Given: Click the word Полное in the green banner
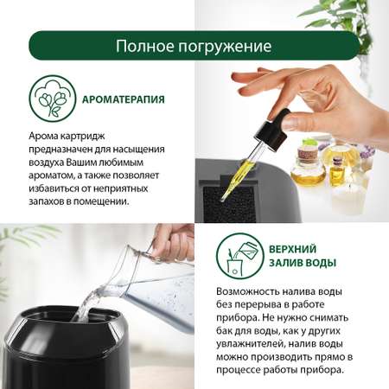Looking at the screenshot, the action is tap(145, 46).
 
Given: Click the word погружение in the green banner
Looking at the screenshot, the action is tap(225, 48).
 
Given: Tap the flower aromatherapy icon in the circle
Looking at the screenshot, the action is tap(53, 99).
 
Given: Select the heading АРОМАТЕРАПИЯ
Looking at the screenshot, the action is tap(124, 99).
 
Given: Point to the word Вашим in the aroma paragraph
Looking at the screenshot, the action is tap(81, 163).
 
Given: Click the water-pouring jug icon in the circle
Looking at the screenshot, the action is tap(240, 257).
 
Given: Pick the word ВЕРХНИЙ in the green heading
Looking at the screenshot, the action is tap(292, 249).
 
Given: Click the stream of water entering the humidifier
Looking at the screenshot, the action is tap(86, 305).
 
